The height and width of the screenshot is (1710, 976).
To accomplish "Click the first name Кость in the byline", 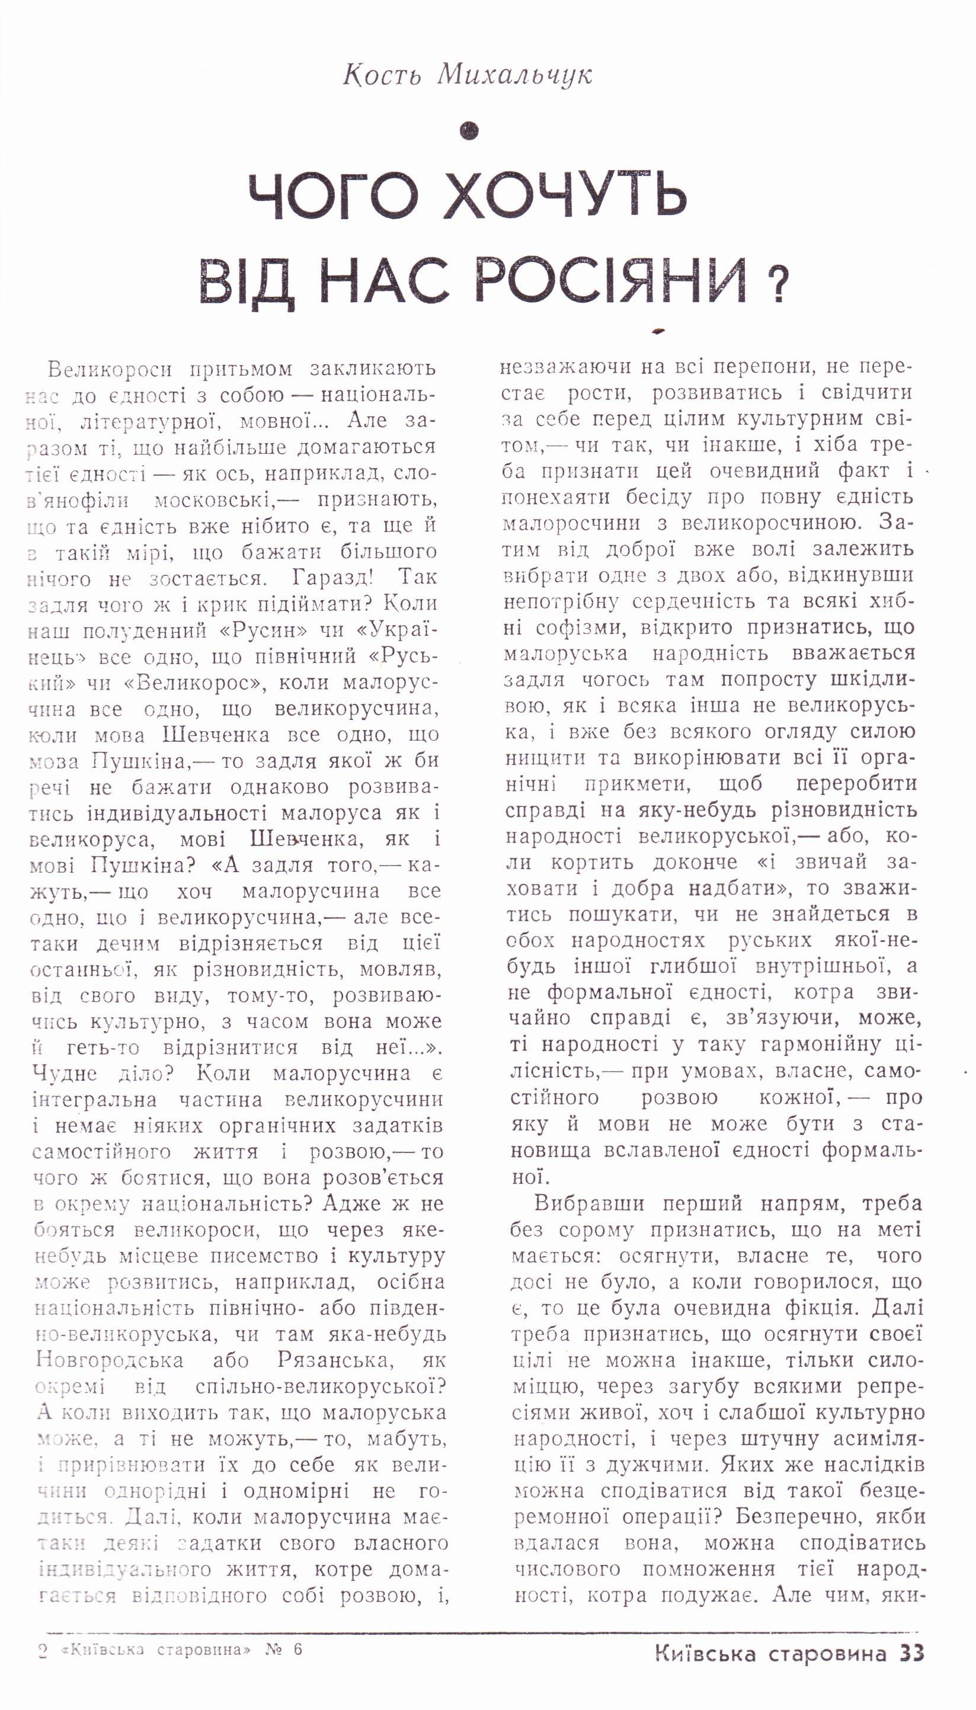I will click(x=382, y=75).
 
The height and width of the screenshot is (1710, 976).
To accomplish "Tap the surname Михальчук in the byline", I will click(x=515, y=75).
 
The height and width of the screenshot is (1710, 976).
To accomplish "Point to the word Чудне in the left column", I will click(x=65, y=1074).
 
